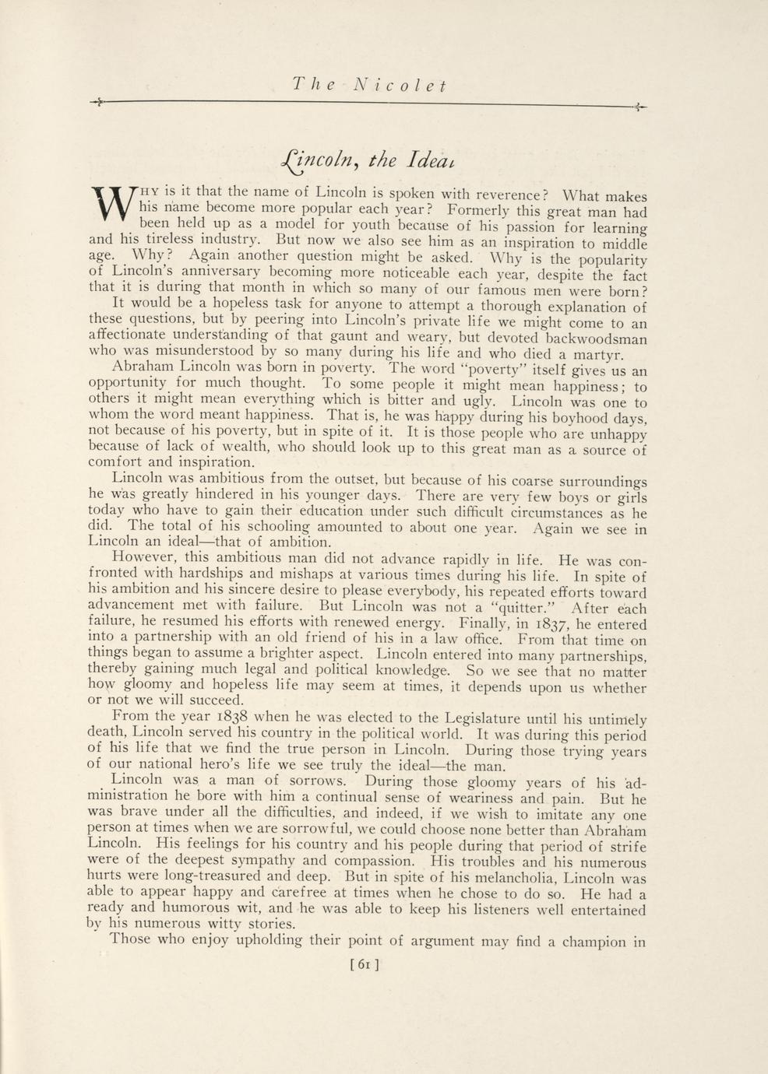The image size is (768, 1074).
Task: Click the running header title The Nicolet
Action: tap(368, 85)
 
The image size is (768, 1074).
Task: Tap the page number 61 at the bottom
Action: tap(365, 964)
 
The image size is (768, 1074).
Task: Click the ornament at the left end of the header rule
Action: tap(98, 102)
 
